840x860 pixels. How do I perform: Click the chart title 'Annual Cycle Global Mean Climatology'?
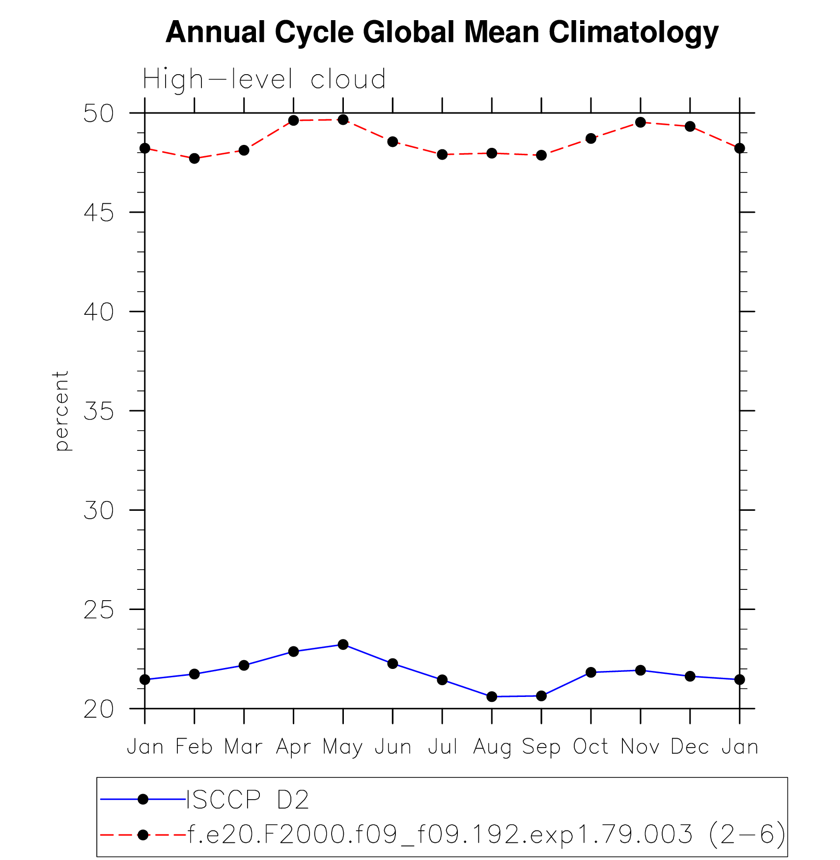point(442,32)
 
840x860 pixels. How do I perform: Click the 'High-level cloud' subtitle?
point(264,79)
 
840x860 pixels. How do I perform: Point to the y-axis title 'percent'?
point(61,411)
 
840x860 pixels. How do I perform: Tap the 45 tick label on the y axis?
point(98,213)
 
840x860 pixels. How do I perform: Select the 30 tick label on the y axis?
point(98,511)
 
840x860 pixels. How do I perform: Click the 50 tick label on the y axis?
point(98,113)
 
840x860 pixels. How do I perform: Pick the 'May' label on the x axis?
point(342,748)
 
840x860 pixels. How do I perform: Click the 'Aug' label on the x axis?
point(492,748)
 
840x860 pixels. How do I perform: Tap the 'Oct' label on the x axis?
point(590,747)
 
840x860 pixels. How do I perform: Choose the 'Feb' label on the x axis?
point(194,747)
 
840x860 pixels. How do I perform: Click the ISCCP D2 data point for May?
point(343,644)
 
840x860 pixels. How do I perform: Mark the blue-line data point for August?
point(492,696)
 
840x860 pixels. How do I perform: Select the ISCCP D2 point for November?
point(640,670)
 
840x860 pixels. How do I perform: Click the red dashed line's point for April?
point(293,120)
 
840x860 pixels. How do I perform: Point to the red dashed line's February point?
point(195,158)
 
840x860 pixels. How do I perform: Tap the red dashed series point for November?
point(640,122)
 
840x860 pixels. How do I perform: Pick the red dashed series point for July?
point(442,154)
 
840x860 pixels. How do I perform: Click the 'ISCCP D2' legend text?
point(248,800)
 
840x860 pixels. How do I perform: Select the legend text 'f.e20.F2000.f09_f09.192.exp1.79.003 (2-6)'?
point(486,834)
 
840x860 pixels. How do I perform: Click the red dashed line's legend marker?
point(143,834)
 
